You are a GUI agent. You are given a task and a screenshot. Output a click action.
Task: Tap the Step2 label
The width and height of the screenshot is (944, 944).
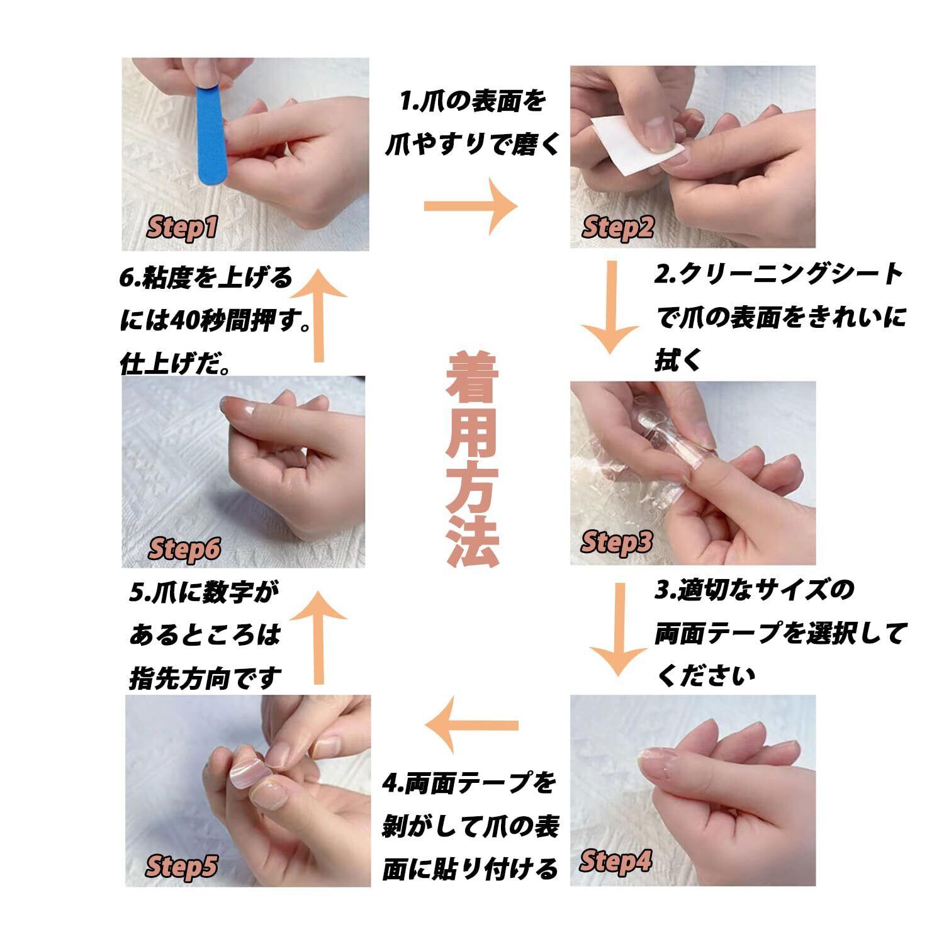click(x=618, y=227)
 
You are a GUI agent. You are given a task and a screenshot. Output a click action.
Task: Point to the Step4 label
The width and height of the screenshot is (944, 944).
click(x=615, y=861)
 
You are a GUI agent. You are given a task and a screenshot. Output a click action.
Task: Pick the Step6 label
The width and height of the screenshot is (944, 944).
click(x=185, y=549)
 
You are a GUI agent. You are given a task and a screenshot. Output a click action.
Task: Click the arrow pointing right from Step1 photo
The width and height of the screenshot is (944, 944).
click(x=471, y=206)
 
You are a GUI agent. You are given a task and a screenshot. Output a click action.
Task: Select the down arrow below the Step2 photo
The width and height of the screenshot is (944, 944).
click(x=609, y=306)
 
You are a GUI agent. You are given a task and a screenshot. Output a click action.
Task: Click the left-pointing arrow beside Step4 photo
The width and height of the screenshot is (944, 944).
click(x=471, y=726)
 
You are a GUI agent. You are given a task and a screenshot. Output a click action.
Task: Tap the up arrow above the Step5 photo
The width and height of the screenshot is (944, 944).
click(x=320, y=638)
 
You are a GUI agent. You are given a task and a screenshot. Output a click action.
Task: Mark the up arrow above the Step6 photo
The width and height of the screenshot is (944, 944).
click(x=320, y=316)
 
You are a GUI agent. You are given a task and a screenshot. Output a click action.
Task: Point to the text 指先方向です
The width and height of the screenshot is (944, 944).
click(x=206, y=678)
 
